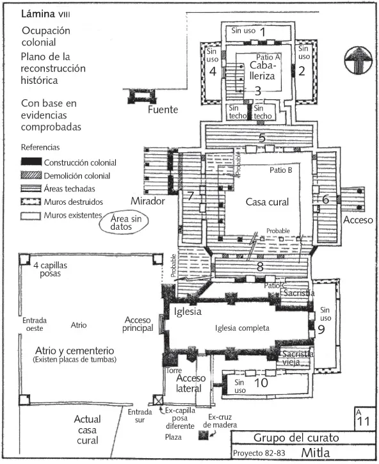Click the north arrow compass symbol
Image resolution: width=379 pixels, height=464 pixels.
point(359,60)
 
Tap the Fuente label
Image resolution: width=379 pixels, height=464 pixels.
point(163,109)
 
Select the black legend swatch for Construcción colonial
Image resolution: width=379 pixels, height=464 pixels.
point(31,162)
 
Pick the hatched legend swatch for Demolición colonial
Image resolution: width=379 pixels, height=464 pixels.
point(31,175)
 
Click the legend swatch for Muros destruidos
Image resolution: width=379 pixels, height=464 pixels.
point(31,202)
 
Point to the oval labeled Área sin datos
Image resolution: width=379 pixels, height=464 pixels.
point(124,223)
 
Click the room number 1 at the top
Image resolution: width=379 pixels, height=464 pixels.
point(262,32)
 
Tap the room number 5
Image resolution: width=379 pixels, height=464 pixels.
point(262,138)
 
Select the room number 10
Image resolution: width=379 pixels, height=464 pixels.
point(261,383)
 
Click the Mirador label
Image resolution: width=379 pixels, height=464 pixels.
point(148,201)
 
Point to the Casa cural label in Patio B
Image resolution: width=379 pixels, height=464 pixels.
point(267,202)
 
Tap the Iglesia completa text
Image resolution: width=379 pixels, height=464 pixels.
point(242,328)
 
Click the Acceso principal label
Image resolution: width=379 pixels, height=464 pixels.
point(138,324)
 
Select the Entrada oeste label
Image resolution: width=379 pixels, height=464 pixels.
point(35,324)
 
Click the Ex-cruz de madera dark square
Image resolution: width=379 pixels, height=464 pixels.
point(204,435)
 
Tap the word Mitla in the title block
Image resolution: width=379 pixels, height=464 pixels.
point(316,452)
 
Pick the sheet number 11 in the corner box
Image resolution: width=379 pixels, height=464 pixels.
point(363,421)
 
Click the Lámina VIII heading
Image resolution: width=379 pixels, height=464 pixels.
point(45,14)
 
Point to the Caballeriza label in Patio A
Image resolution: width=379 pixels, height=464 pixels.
point(262,70)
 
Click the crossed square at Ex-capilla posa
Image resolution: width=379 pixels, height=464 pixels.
point(158,401)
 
